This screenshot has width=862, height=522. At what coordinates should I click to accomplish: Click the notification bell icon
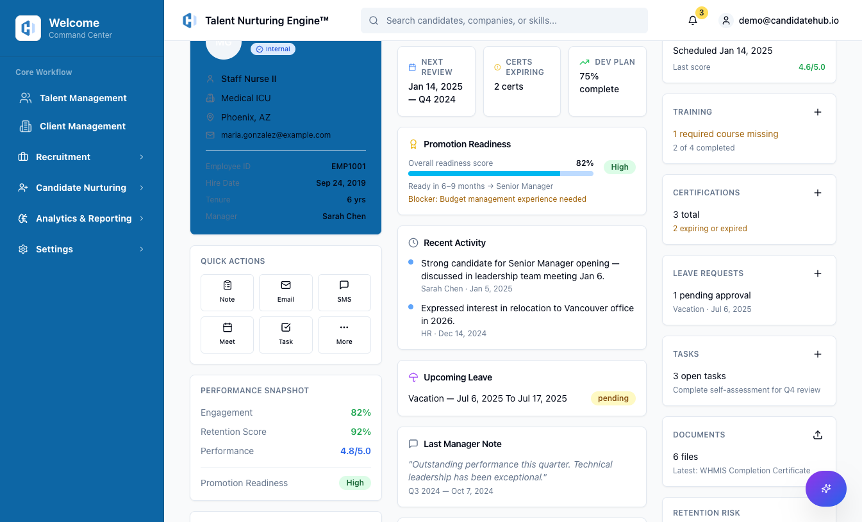tap(693, 20)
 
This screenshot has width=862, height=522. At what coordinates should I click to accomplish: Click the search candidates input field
tap(504, 20)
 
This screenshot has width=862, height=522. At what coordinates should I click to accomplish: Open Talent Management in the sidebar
tap(83, 98)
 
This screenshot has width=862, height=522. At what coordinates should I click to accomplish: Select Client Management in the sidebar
tap(82, 126)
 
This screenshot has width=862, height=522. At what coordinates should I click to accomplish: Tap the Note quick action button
tap(227, 292)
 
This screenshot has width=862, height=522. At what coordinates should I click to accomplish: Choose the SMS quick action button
tap(344, 292)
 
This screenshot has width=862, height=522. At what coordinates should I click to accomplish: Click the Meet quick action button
tap(227, 334)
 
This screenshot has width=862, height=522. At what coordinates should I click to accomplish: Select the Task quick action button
tap(286, 334)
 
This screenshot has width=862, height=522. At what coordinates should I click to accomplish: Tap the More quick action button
tap(344, 334)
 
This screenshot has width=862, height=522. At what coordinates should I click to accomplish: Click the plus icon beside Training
tap(817, 112)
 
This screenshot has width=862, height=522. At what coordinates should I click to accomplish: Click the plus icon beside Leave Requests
tap(817, 273)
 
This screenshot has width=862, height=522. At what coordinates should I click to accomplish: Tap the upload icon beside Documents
tap(817, 435)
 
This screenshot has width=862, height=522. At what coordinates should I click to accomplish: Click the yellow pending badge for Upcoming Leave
tap(613, 398)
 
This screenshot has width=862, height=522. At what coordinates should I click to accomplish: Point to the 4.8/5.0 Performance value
tap(355, 451)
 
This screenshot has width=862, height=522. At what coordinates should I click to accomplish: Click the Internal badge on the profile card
tap(273, 49)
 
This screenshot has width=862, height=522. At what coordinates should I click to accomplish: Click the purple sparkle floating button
tap(825, 489)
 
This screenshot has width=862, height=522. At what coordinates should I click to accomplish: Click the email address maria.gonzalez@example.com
tap(276, 135)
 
